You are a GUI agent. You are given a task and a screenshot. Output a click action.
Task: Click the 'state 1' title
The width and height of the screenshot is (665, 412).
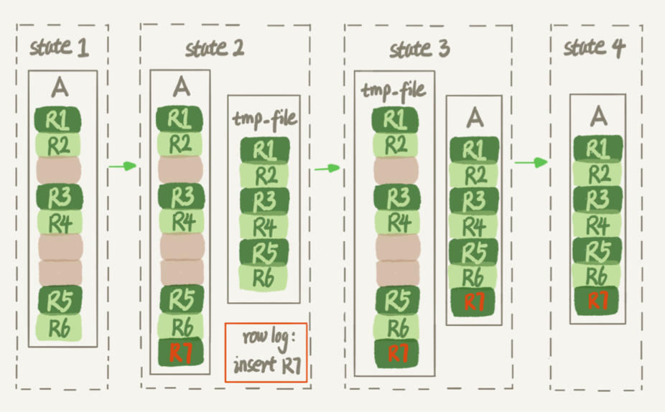coord(60,47)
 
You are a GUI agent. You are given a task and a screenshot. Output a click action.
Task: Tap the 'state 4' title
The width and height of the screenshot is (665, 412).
coord(594,47)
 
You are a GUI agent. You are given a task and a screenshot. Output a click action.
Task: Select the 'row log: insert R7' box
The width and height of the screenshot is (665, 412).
coord(266,352)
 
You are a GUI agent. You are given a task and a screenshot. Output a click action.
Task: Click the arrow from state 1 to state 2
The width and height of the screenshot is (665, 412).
coord(123,166)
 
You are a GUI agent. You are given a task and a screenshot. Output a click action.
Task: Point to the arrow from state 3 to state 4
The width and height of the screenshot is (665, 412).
coord(531,162)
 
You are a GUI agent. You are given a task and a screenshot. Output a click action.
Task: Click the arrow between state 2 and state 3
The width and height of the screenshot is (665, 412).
coord(327,168)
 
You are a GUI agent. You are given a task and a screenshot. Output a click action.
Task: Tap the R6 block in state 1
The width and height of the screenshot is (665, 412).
coord(60,327)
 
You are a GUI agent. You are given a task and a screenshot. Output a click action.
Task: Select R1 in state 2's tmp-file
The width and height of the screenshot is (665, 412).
coord(265,149)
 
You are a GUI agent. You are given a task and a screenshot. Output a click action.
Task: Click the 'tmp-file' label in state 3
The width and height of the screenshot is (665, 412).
coord(393,90)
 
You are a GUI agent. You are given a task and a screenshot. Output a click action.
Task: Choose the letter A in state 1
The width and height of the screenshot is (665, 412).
coord(60,88)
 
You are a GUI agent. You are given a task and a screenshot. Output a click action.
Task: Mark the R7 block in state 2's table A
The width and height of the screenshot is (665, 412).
coord(181,352)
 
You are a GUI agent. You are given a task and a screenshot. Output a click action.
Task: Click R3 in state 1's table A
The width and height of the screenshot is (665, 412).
coord(60,197)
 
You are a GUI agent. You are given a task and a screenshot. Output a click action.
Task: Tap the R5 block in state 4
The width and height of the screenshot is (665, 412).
coord(597,251)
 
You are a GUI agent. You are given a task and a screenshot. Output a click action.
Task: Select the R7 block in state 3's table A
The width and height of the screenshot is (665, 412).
coord(474,302)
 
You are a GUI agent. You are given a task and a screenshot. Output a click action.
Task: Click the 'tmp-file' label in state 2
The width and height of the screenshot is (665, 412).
coord(265,118)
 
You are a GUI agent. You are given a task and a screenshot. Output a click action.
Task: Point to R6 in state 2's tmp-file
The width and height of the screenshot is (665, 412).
coord(264,278)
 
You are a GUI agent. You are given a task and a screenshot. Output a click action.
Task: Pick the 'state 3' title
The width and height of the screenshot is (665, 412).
coord(419,49)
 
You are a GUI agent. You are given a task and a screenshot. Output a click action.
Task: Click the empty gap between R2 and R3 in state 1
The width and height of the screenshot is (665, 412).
coord(58,170)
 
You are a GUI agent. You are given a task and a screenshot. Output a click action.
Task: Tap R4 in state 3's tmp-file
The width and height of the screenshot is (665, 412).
coord(397,223)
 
